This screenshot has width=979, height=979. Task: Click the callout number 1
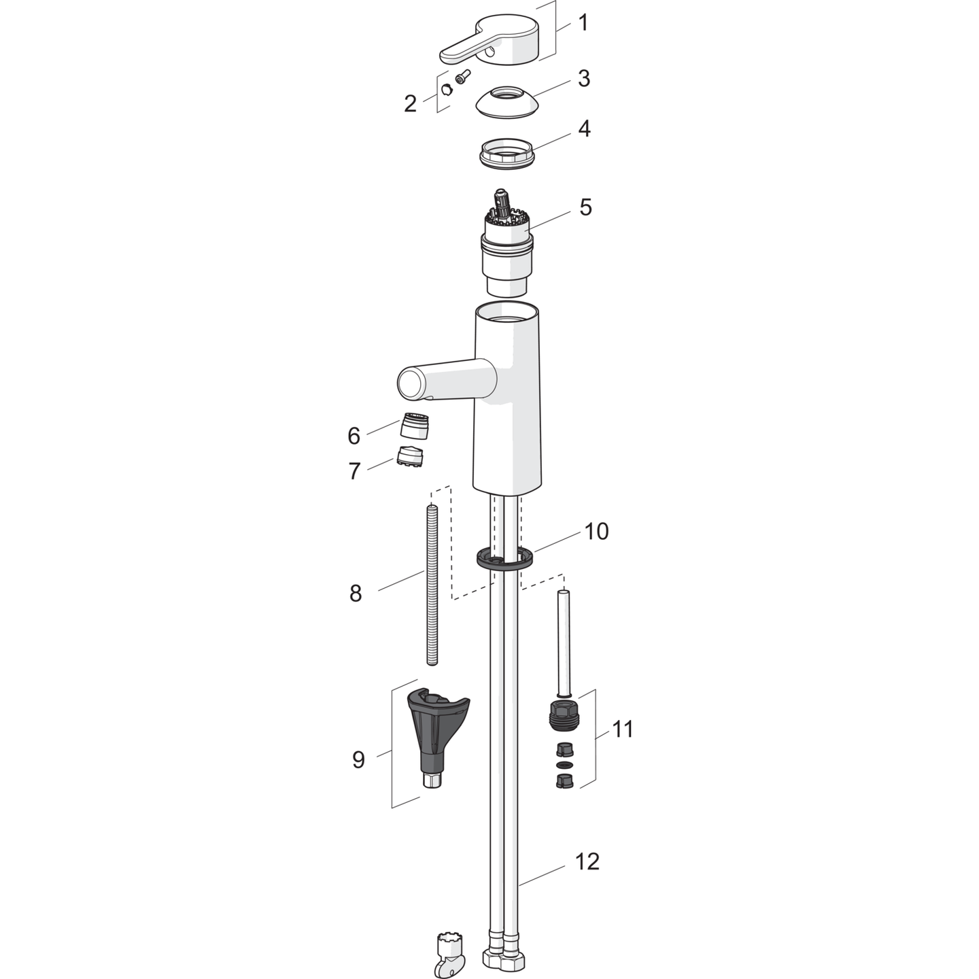[x=583, y=23]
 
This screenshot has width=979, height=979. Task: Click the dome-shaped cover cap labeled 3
[x=506, y=101]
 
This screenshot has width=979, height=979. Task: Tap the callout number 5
[x=585, y=207]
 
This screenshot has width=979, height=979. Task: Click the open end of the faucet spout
[x=411, y=383]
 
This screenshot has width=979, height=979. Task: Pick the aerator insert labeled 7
[x=410, y=456]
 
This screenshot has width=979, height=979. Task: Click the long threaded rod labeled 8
[x=432, y=585]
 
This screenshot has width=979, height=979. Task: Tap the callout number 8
[x=356, y=594]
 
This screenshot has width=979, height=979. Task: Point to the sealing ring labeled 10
[x=504, y=557]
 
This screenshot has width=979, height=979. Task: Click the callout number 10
[x=596, y=532]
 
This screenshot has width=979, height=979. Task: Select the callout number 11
[x=622, y=729]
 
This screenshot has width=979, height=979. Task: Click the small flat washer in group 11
[x=564, y=764]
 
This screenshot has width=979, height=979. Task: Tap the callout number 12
[x=587, y=861]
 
